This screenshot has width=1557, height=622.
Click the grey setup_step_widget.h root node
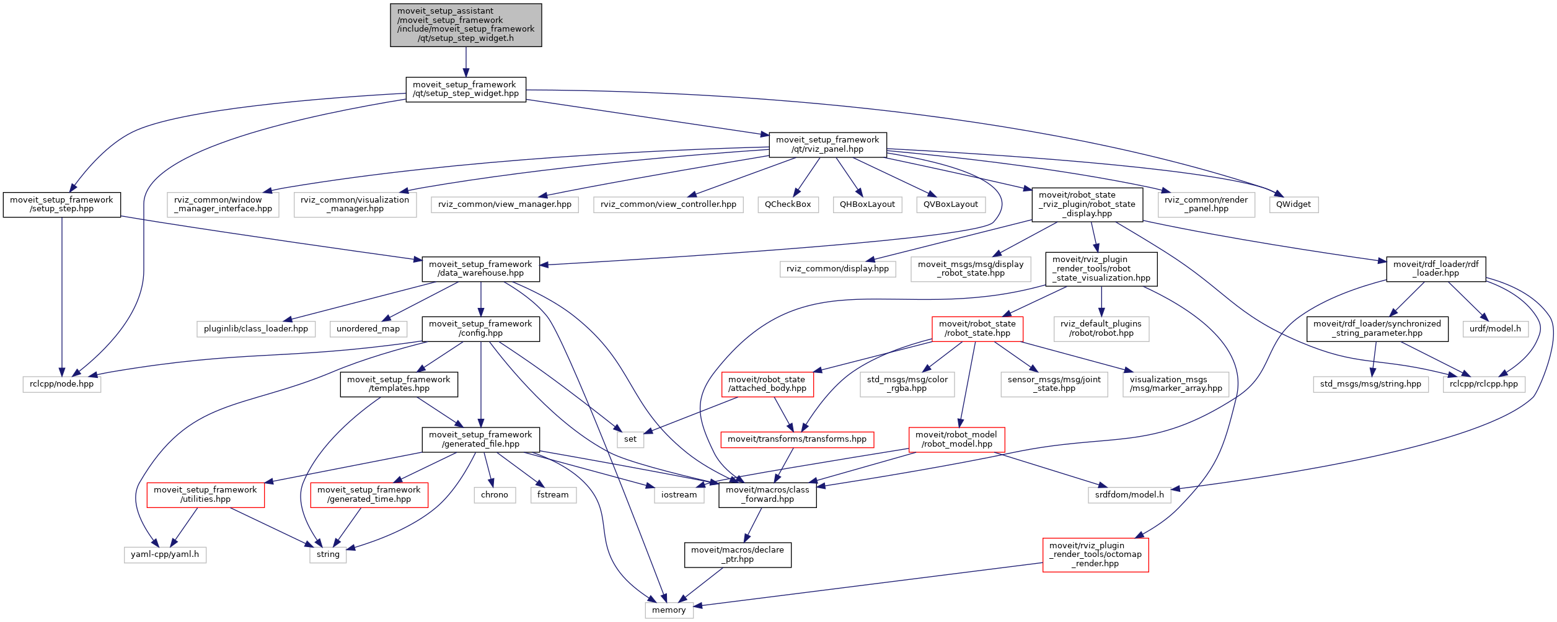465,25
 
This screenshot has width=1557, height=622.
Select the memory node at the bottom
669,610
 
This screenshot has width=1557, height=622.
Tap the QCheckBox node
788,204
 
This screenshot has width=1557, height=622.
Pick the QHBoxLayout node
867,204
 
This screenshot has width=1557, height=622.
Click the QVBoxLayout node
950,204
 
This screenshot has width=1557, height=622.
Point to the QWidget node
1294,204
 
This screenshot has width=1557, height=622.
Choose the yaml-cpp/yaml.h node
165,554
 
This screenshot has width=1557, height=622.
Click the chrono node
494,495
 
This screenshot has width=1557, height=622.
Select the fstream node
553,495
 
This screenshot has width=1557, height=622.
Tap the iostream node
679,495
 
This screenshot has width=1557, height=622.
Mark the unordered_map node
368,329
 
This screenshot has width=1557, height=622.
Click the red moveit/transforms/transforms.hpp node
797,439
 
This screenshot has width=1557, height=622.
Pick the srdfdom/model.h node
1129,495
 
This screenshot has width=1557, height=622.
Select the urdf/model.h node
1495,329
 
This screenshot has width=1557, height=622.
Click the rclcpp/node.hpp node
62,384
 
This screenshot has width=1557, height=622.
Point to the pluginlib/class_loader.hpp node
256,329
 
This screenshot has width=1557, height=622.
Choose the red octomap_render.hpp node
1095,554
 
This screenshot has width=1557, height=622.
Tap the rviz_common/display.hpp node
837,269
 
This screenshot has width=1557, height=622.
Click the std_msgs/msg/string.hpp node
1370,384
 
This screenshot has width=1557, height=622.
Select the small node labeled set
630,439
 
